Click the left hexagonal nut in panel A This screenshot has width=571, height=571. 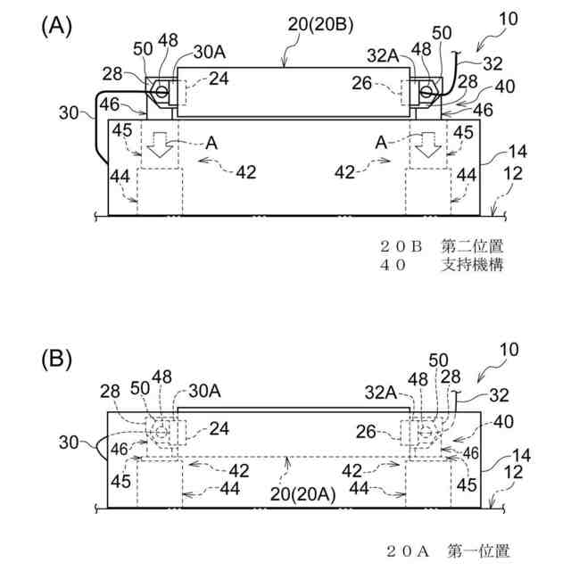[162, 90]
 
